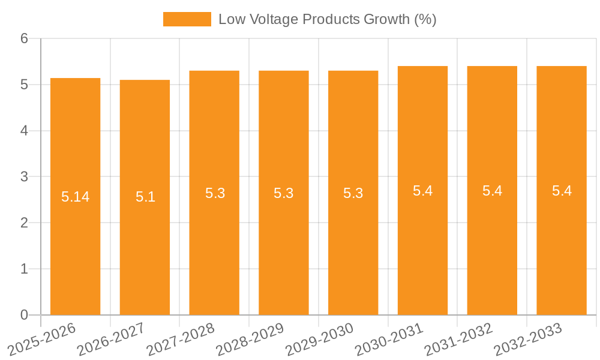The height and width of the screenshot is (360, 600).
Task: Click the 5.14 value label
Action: pos(75,197)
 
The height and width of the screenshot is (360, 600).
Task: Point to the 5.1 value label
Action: pos(145,197)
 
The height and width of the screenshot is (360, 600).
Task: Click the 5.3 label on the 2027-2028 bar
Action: pos(215,193)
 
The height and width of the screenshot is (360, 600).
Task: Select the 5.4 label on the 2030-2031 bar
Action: pos(422,191)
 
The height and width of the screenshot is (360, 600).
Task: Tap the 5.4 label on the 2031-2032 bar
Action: pos(492,191)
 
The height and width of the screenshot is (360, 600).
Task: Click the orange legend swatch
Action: pos(187,19)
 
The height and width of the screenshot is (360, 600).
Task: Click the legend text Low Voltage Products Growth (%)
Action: pos(327,19)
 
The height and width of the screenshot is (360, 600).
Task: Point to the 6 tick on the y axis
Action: pos(24,38)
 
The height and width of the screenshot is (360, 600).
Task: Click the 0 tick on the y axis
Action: pos(24,315)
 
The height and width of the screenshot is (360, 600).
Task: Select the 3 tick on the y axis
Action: pos(24,177)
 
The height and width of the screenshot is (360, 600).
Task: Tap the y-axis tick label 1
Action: pos(24,269)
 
